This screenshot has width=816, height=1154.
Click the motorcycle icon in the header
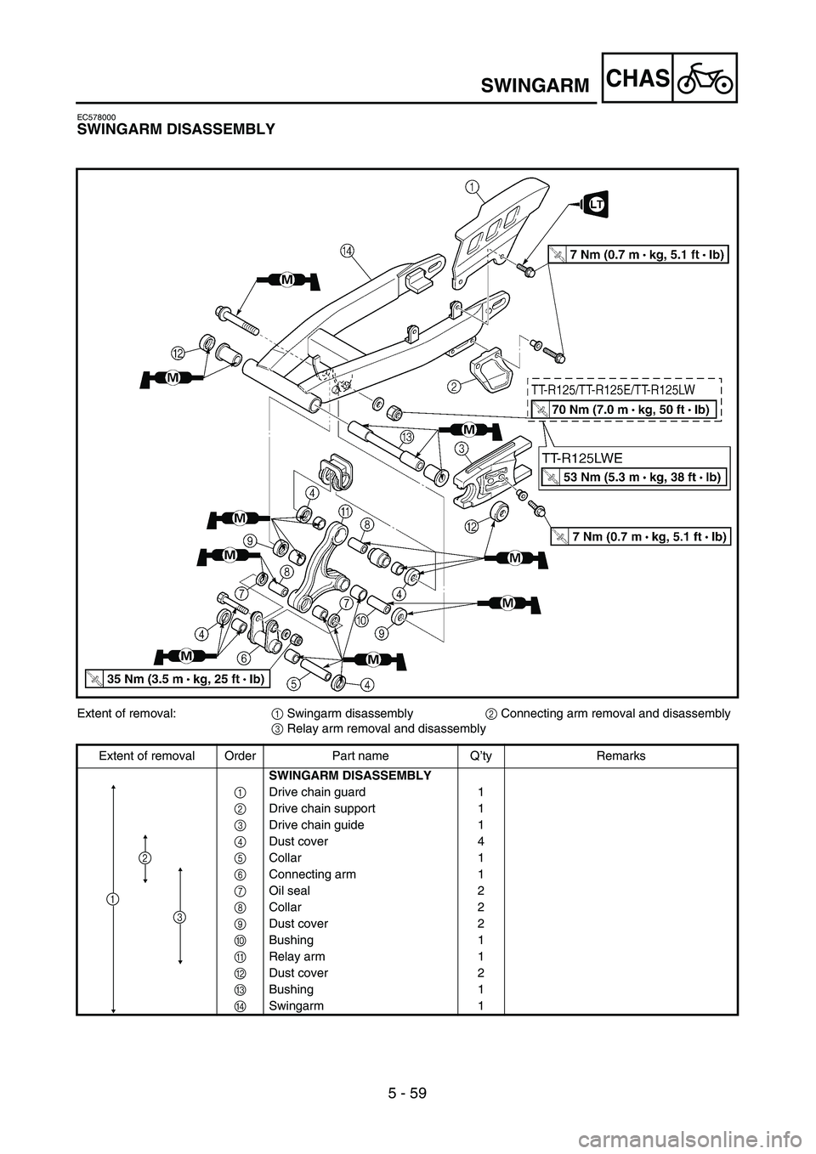[x=705, y=78]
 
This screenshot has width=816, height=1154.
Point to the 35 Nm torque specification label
[x=178, y=678]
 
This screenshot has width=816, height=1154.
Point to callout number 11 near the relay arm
[x=344, y=511]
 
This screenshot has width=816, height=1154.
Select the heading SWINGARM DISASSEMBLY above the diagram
[x=175, y=129]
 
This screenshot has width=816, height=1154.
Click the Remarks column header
[x=620, y=755]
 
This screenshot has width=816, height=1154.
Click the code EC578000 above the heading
[x=96, y=116]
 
